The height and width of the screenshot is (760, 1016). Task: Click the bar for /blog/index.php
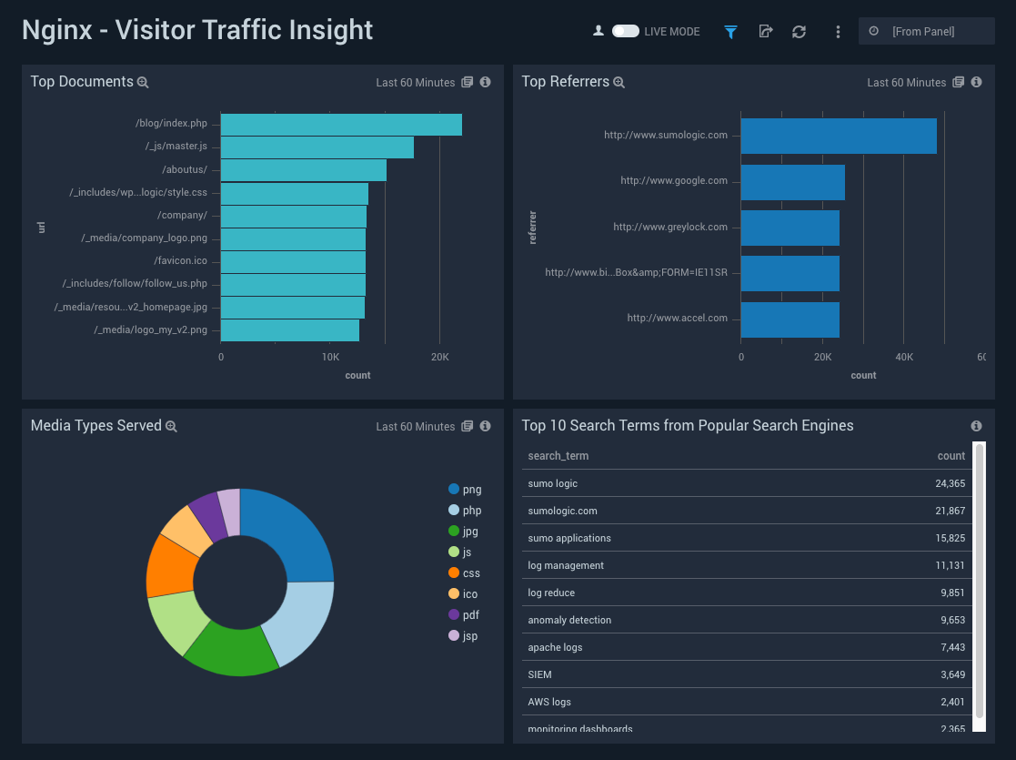[341, 125]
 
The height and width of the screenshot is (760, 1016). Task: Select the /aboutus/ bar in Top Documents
[304, 170]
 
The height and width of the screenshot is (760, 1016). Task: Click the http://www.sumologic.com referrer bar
[839, 136]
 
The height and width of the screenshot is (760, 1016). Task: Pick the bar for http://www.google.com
[793, 182]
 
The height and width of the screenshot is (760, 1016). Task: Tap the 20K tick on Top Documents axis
[439, 357]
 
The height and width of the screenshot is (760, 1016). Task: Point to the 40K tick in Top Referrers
[903, 357]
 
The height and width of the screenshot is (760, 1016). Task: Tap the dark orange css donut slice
[170, 564]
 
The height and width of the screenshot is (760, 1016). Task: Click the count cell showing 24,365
[950, 483]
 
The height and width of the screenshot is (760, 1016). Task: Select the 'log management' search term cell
[566, 565]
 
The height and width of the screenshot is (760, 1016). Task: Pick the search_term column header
[558, 455]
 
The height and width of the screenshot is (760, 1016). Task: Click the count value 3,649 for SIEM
[952, 674]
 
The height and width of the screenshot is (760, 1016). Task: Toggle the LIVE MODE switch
[625, 31]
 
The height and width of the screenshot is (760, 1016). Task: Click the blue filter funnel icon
[730, 32]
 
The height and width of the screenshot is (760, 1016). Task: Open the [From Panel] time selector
[925, 31]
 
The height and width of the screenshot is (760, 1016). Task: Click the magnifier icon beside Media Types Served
[171, 427]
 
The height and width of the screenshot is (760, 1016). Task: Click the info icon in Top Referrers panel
[976, 82]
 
